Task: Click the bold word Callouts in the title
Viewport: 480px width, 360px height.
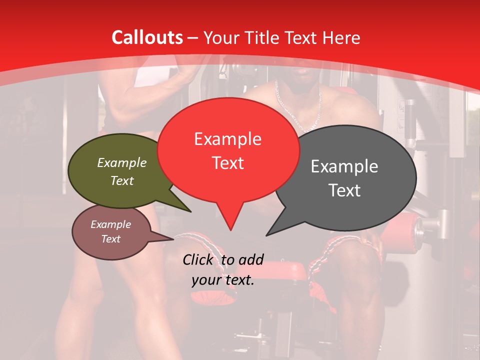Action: coord(147,37)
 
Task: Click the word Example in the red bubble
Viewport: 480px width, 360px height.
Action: coord(227,139)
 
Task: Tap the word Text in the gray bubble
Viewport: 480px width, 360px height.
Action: coord(344,190)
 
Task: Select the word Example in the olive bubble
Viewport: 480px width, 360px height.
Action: coord(122,162)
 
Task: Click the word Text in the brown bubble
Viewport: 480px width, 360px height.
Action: coord(110,239)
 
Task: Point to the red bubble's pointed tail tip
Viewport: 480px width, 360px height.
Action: coord(230,230)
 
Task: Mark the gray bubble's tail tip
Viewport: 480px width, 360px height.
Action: coord(266,235)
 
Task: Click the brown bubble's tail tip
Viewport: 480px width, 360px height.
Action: coord(173,239)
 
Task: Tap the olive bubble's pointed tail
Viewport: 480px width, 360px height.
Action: coord(190,211)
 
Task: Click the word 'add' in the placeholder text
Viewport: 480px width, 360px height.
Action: coord(250,259)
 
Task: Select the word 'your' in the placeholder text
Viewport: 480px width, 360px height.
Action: coord(205,280)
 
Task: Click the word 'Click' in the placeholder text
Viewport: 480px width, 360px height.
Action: coord(198,259)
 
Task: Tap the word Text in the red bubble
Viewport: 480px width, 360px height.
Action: coord(227,163)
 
